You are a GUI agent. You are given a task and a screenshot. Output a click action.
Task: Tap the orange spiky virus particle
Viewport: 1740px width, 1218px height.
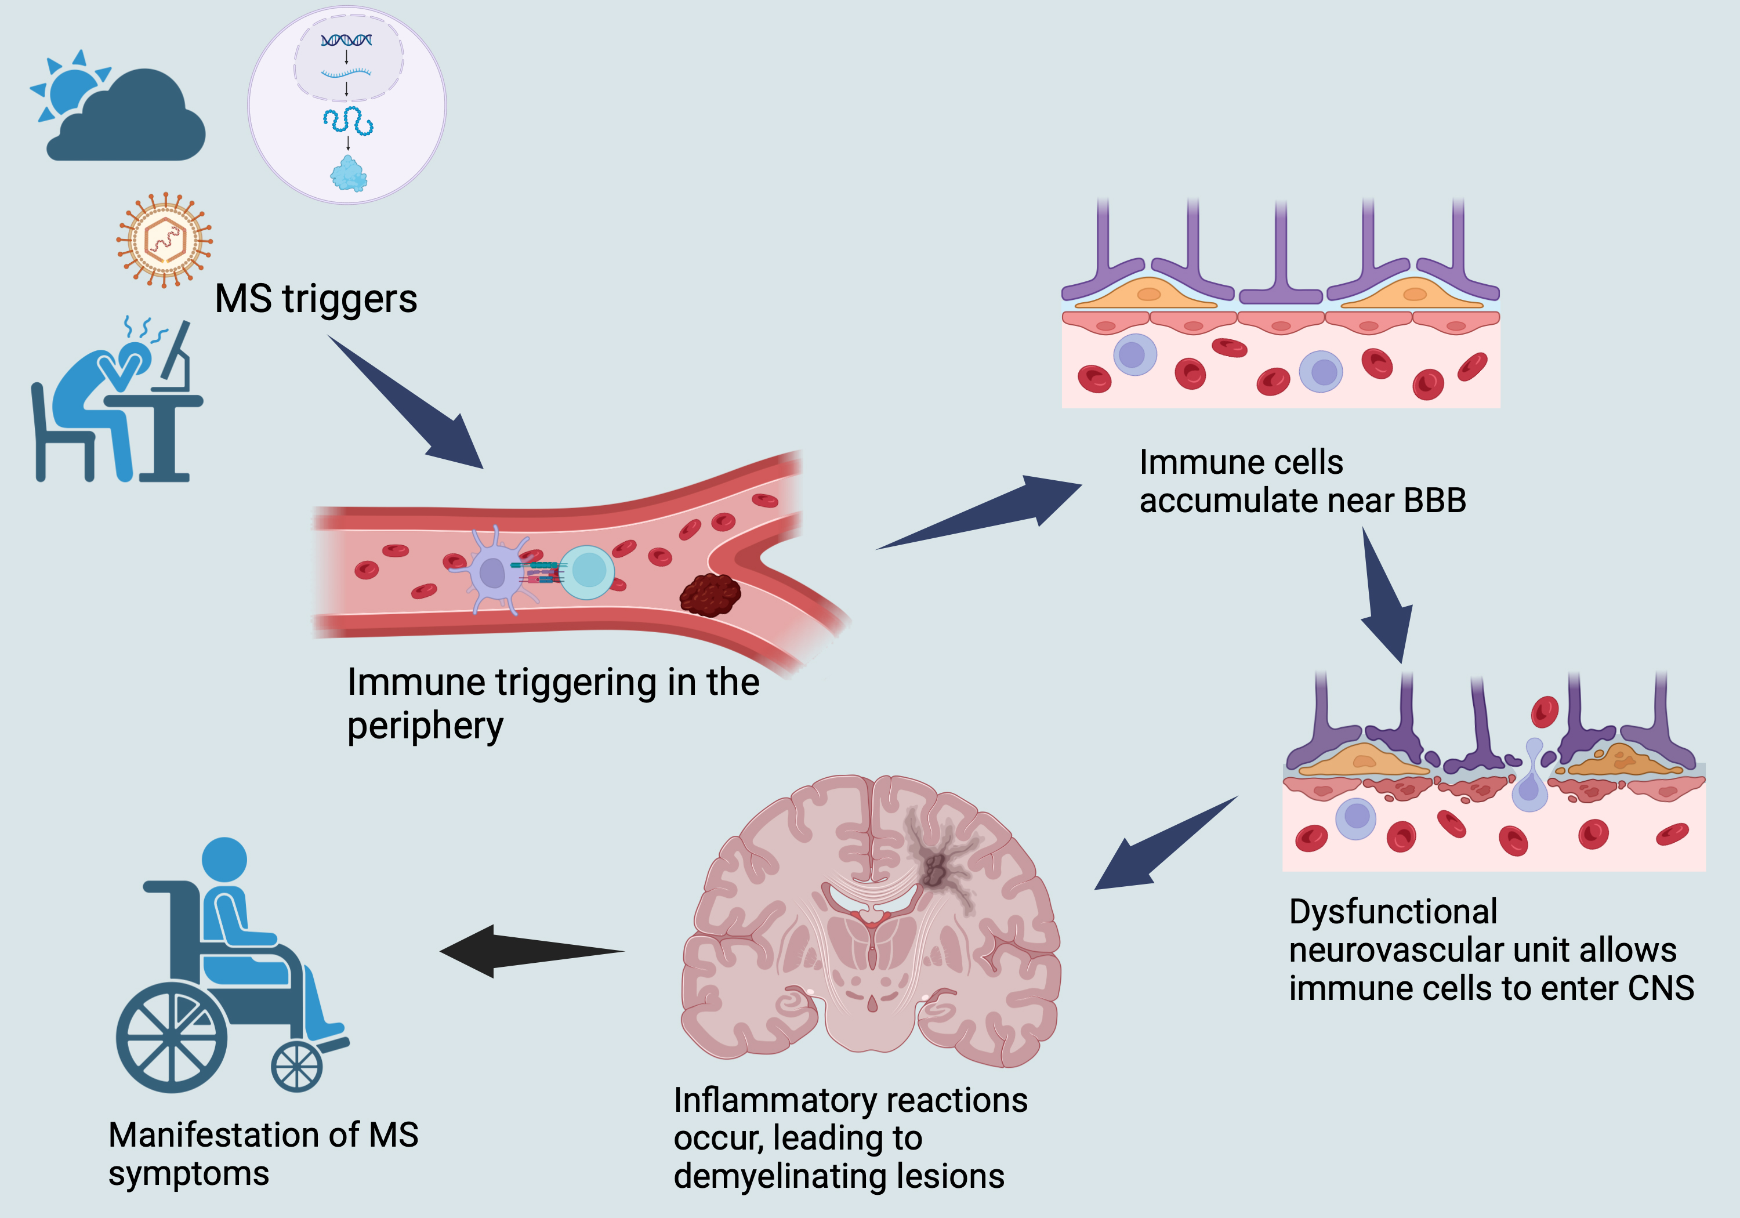point(165,240)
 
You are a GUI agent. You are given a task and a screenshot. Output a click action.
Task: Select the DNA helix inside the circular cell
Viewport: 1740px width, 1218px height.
point(346,39)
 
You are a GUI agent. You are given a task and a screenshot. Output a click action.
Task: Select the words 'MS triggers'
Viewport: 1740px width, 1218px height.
point(316,299)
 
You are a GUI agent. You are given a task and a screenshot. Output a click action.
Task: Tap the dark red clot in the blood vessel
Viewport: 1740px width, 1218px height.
point(709,594)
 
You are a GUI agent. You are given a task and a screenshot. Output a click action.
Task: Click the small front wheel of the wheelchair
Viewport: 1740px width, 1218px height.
point(296,1067)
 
